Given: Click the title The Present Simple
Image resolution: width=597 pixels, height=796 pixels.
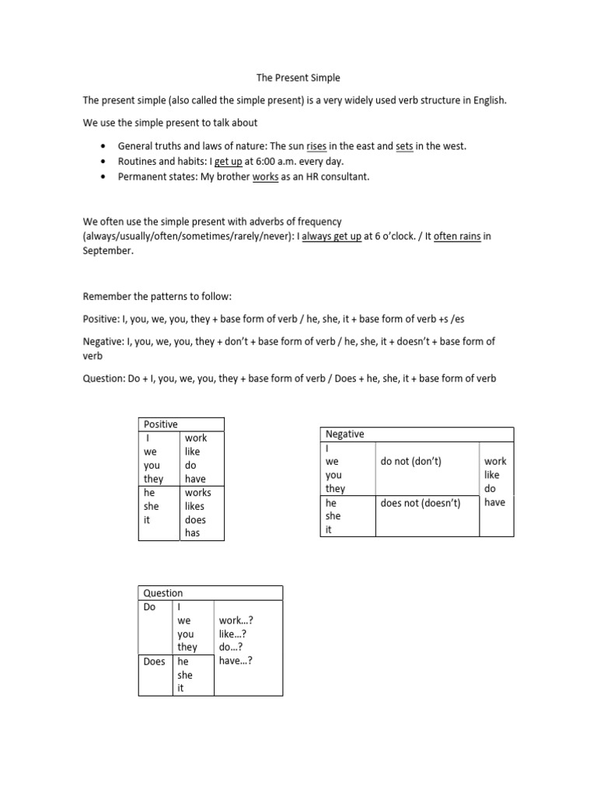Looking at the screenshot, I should pos(298,79).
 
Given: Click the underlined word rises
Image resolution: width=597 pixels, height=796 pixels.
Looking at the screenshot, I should pos(316,146).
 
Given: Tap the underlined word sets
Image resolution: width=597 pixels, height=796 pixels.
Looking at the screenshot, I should pos(403,146).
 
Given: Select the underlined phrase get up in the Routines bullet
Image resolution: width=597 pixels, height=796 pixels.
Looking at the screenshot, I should pos(229,162).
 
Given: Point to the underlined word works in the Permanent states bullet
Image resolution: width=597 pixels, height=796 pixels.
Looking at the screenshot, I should pos(265,176).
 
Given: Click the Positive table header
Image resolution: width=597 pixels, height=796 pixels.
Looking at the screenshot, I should pos(160,424).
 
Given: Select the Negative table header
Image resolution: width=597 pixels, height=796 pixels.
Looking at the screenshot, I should pos(345,435).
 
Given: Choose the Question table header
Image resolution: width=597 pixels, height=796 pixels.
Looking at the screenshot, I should pos(163,593).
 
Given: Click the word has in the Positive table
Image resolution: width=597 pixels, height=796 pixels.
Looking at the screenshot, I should pos(192,533).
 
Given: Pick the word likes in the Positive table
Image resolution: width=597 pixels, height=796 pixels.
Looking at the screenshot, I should pos(194,506).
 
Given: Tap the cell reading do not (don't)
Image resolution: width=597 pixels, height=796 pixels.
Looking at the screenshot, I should pos(411,462).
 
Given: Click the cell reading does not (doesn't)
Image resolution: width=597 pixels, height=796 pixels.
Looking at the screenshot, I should pos(421,503).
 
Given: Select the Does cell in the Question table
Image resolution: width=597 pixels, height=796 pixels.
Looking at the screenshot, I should pos(155,662).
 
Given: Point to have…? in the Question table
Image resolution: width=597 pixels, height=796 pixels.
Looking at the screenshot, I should pos(236,661).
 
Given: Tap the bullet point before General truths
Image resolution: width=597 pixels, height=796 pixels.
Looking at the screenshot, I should pos(103,146).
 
